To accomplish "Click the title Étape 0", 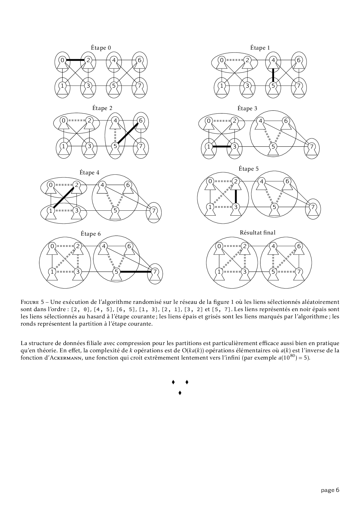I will coord(101,48).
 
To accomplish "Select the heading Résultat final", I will coord(258,232).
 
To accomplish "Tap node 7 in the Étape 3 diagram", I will coord(312,147).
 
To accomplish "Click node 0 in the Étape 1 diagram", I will coord(222,60).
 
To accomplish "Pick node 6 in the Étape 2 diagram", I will coord(141,120).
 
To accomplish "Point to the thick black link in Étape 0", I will coord(75,60).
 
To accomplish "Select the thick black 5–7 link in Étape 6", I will coord(135,272).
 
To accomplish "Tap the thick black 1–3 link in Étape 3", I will coord(221,147).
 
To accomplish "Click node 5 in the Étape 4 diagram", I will coord(115,210).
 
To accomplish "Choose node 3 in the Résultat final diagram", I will coord(245,272).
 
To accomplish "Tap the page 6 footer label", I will coord(330,490).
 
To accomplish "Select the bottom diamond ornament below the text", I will coord(180,393).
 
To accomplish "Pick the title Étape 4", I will coord(89,172).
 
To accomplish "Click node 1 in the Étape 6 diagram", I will coord(52,272).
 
